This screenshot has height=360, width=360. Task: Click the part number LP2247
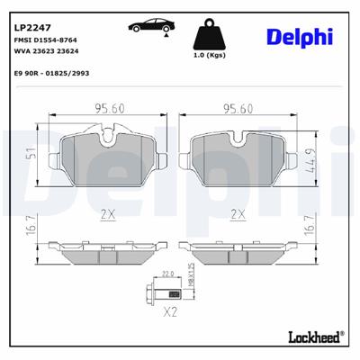pos(31,13)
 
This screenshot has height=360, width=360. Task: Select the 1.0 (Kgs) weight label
pos(209,57)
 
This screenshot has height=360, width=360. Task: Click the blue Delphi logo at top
pos(299,36)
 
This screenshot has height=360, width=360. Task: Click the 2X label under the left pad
pos(109,214)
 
